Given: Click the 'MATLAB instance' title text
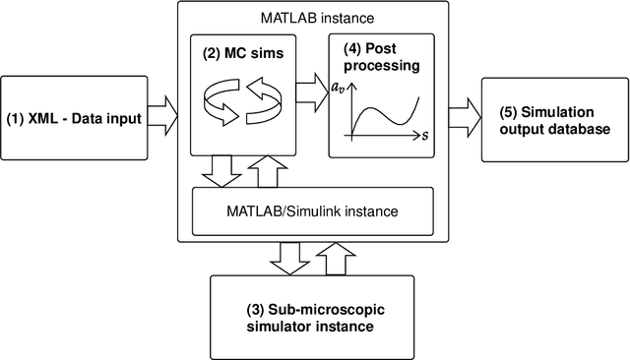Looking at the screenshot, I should (x=311, y=17).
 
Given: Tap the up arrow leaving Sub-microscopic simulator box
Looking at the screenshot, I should (x=336, y=259).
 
